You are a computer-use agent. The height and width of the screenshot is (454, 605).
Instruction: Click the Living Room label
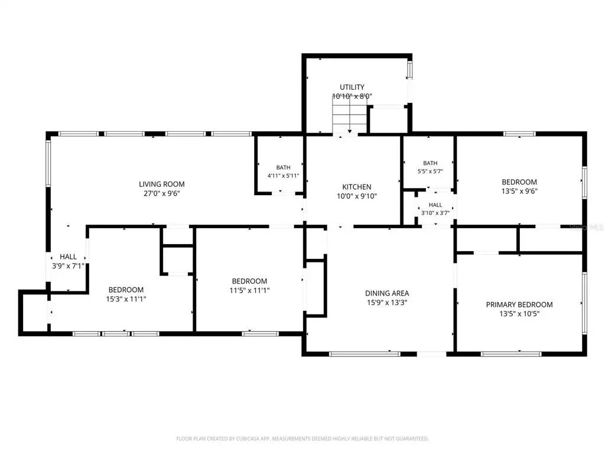(x=162, y=184)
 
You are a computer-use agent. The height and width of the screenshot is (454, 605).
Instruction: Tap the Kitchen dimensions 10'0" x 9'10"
(x=357, y=196)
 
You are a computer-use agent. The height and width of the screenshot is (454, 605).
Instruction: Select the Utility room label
(x=352, y=87)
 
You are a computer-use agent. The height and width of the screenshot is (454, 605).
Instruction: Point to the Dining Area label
(x=387, y=293)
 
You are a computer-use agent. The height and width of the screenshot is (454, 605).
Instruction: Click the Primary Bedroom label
(x=519, y=304)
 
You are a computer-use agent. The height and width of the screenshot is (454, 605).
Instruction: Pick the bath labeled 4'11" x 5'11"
(x=283, y=171)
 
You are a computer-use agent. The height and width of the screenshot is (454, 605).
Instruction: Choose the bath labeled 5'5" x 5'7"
(x=430, y=167)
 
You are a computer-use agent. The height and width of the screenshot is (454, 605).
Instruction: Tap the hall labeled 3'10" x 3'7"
(x=435, y=209)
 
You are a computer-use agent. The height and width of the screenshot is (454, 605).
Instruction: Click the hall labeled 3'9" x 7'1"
(x=68, y=261)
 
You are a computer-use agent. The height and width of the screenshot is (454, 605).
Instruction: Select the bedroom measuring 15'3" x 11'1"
(x=126, y=294)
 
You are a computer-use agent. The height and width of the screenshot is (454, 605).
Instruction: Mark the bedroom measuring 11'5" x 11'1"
(x=250, y=286)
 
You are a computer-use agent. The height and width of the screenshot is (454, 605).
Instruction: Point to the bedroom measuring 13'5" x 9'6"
(x=519, y=186)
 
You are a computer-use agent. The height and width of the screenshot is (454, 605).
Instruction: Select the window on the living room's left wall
(x=48, y=163)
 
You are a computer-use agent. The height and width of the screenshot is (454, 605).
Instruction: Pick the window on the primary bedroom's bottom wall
(x=511, y=354)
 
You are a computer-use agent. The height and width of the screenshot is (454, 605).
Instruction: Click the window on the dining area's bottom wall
(x=365, y=354)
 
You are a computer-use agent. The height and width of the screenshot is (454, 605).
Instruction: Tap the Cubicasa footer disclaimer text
(x=302, y=439)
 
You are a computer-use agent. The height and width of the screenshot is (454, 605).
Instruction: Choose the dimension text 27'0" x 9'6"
(x=162, y=193)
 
